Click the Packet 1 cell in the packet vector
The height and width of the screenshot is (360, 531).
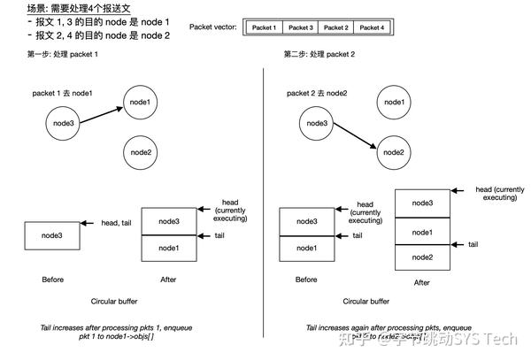[x=265, y=27]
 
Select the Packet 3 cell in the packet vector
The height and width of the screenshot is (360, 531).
[x=300, y=27]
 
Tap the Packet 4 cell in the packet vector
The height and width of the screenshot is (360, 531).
[x=371, y=27]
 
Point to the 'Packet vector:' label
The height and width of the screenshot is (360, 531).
[x=214, y=27]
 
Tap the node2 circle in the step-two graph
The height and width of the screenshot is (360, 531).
[x=395, y=152]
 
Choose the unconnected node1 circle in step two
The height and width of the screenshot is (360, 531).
[x=395, y=101]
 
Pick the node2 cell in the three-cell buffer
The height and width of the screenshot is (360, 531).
[x=424, y=257]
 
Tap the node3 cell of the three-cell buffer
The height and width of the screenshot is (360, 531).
[x=424, y=203]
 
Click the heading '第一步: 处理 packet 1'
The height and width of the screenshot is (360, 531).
[x=63, y=54]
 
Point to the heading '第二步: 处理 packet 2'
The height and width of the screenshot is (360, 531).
[x=319, y=54]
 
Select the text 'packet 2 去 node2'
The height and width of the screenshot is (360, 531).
[x=318, y=93]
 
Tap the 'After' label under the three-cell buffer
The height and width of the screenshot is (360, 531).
[x=422, y=283]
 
